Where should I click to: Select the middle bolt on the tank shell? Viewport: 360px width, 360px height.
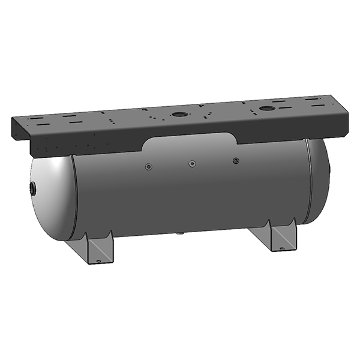(192, 163)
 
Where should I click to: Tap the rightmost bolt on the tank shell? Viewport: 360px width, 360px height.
(236, 160)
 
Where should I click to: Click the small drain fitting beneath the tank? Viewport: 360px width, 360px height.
(178, 235)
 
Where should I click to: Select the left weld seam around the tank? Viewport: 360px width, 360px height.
(73, 198)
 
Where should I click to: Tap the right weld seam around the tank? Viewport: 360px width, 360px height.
(308, 180)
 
